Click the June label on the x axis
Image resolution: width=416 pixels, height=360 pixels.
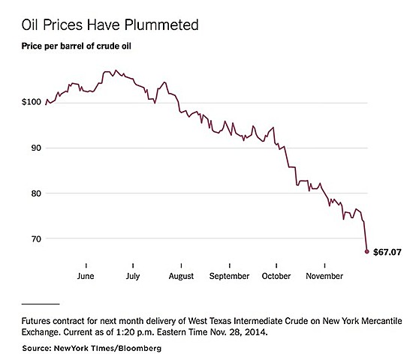86,276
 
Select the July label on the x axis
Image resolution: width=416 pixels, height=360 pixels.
133,276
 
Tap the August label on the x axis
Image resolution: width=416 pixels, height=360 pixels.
182,276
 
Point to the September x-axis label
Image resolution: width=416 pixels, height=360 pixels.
229,276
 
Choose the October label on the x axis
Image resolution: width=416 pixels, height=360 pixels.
277,276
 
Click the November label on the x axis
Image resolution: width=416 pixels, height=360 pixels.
324,276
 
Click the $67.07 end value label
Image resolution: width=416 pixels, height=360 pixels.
387,253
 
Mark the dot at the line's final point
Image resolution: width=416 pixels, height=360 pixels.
366,251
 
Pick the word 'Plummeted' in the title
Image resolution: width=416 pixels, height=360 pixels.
163,25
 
